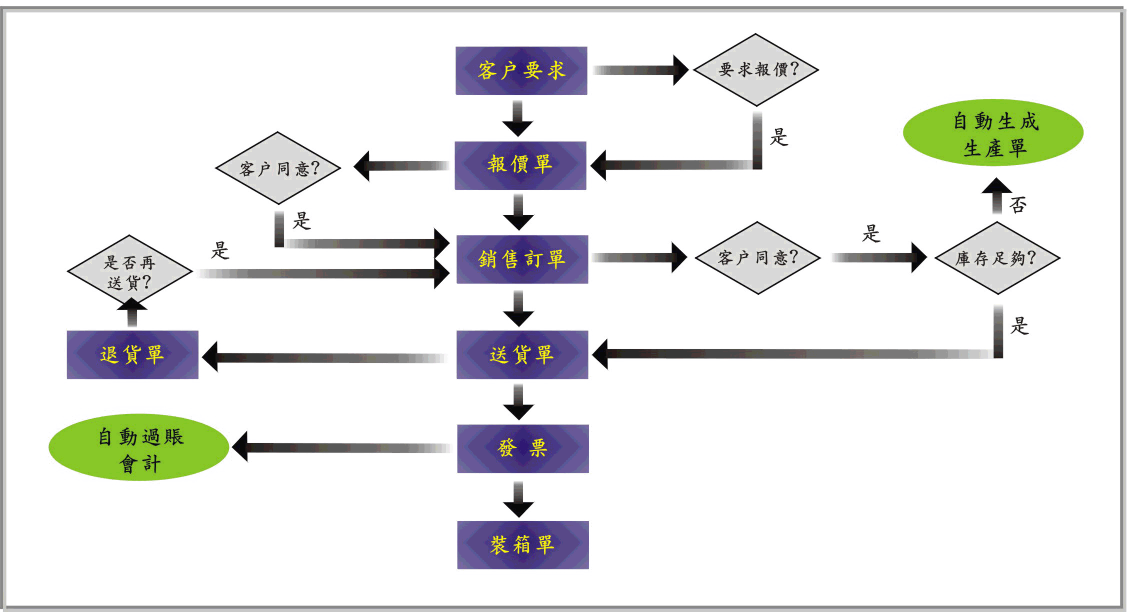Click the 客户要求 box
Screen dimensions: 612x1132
pos(521,70)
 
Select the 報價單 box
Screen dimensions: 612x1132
pos(520,165)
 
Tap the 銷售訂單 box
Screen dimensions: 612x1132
pos(522,259)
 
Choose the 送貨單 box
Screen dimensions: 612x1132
pos(522,354)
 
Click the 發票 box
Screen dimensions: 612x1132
pos(522,448)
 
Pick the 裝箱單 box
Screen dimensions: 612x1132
pos(522,544)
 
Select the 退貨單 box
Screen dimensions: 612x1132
pos(132,354)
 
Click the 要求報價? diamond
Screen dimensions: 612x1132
pos(755,69)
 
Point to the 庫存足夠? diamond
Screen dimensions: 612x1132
pos(997,258)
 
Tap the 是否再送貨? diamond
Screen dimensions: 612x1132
pos(130,272)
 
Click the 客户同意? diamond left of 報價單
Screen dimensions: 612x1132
pos(278,168)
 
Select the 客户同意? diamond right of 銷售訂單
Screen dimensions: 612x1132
pos(757,258)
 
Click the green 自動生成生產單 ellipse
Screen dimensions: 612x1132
pos(993,133)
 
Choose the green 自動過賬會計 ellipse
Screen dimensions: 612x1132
pos(139,447)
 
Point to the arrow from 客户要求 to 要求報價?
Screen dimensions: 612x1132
pos(640,70)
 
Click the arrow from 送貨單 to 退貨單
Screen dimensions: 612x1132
pos(325,357)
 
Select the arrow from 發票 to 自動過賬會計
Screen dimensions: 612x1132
pos(342,447)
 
